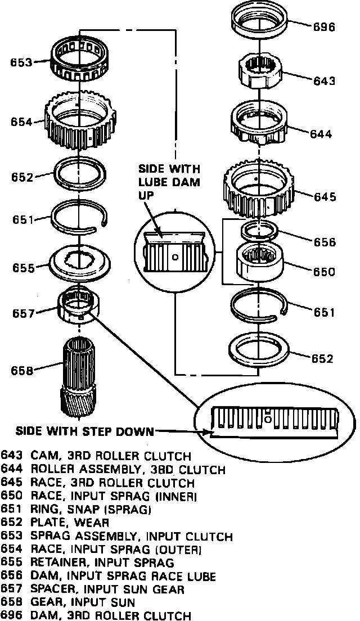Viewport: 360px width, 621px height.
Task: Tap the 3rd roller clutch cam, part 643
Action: tap(259, 70)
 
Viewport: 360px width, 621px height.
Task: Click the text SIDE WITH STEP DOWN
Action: tap(84, 432)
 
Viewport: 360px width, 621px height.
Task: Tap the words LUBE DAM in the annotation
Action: tap(169, 182)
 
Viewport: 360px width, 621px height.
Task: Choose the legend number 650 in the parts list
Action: tap(11, 496)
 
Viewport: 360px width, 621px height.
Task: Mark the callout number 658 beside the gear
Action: tap(22, 370)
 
